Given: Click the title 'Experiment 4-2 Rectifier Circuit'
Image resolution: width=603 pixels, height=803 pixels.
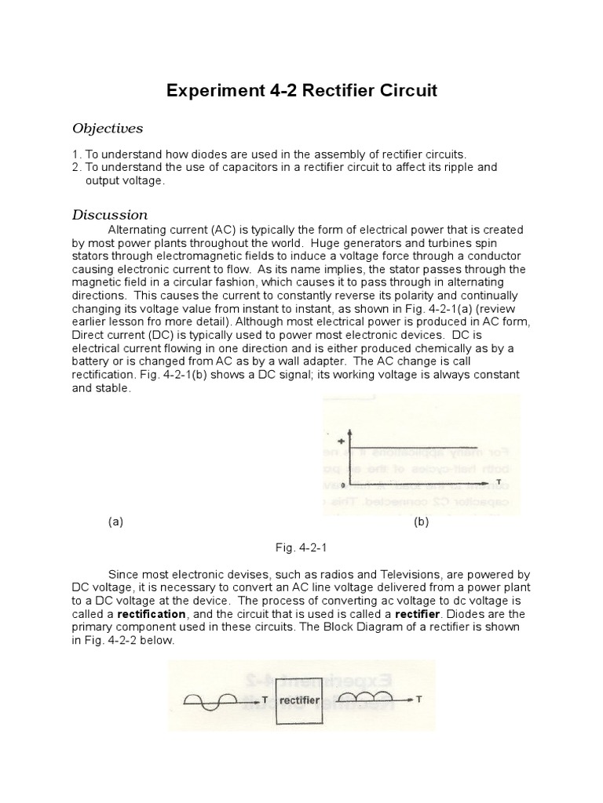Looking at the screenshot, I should (x=301, y=91).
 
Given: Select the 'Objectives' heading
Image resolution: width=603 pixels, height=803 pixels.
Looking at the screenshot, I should (x=108, y=128).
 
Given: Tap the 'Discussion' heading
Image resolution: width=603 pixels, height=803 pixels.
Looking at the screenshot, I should (x=110, y=215).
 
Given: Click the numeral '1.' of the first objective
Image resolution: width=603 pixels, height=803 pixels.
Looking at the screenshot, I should (x=76, y=154).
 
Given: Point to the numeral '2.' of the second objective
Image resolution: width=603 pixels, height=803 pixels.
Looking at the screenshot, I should (x=76, y=167).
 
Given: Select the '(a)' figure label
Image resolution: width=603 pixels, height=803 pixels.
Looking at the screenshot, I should (x=115, y=521).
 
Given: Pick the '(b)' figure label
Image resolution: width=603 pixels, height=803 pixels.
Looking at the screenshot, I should (x=421, y=521).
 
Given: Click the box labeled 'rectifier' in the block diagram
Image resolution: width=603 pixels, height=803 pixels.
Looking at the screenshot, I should (x=299, y=699).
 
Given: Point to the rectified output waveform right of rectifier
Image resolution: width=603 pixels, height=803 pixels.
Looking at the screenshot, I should (x=365, y=696).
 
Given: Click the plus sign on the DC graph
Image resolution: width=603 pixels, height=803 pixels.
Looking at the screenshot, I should (x=341, y=441).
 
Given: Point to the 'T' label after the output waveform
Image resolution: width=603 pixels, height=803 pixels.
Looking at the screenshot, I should (x=419, y=699).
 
